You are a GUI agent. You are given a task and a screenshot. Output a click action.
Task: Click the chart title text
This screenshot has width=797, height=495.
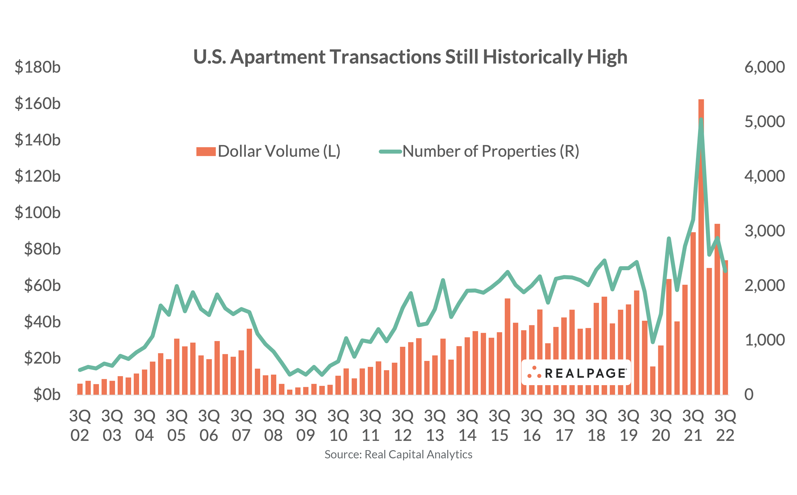point(410,57)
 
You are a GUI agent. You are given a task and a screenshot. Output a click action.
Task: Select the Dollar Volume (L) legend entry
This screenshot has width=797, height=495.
point(268,151)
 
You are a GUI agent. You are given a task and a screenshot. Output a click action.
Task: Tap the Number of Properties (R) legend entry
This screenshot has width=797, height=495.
point(479,151)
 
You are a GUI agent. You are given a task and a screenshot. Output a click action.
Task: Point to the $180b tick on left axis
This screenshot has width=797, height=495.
point(38,67)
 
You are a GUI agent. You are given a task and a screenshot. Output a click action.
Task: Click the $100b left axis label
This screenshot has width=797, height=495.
point(38,213)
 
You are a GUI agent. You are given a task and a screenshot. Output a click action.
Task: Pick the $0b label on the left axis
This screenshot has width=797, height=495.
point(47,395)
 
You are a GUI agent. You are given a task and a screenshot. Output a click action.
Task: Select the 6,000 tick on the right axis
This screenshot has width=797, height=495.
point(764,67)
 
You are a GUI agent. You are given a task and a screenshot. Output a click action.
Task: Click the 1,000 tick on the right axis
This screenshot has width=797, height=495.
point(764,340)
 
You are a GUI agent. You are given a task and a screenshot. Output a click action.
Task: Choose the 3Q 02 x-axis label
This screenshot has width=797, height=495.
point(80,425)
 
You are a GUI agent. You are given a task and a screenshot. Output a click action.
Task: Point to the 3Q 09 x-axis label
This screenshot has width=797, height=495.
point(305,425)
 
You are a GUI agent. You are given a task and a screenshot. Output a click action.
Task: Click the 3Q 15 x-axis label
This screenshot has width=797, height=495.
point(499,425)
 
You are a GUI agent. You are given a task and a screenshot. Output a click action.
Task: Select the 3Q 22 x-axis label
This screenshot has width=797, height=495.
point(725,425)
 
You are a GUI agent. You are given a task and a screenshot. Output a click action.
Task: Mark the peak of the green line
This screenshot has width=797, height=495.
point(701,120)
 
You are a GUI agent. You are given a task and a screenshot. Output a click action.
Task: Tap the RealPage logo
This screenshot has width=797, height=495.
point(576,373)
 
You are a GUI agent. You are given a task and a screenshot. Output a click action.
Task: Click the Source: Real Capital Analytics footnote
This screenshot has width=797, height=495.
point(398,454)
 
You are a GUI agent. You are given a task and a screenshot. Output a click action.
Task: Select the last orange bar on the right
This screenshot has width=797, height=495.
point(725,327)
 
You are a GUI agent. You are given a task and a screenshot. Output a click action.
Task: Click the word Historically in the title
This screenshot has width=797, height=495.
point(532,57)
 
